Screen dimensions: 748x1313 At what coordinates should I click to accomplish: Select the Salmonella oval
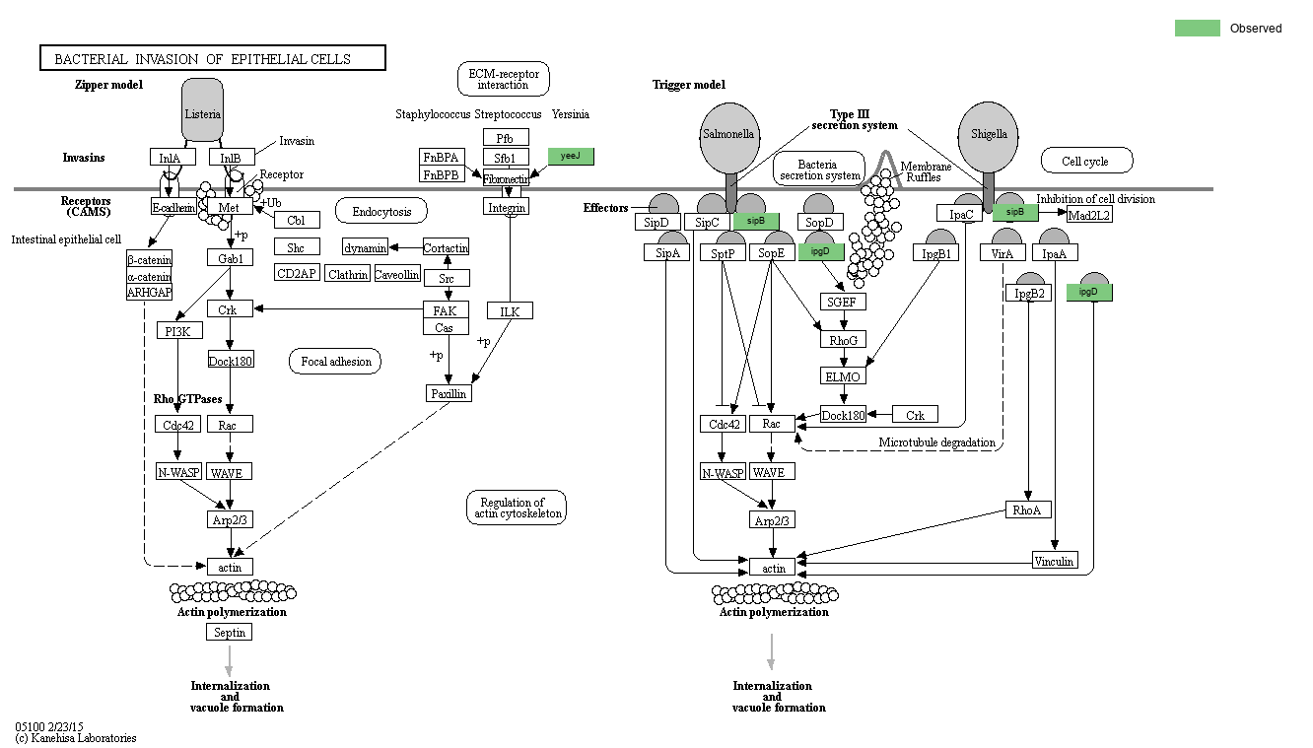pos(728,133)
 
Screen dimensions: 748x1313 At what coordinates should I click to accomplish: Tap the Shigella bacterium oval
pos(989,133)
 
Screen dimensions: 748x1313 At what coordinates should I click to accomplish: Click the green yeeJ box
pos(571,157)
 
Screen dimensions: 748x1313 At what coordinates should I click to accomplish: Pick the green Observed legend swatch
pos(1197,29)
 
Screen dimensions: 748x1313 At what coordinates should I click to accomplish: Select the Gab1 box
pos(231,257)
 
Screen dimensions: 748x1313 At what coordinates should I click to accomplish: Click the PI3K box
pos(177,330)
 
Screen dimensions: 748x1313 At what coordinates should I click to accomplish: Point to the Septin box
pos(230,632)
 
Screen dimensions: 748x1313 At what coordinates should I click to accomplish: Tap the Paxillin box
pos(449,393)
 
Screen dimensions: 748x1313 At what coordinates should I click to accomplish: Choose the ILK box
pos(510,311)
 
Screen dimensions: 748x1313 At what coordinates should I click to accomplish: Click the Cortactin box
pos(446,247)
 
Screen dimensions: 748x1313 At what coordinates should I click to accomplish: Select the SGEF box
pos(842,302)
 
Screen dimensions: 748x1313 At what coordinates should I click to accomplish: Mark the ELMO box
pos(843,376)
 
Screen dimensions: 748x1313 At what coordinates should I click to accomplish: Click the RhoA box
pos(1028,510)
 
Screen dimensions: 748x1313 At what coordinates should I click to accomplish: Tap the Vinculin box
pos(1055,561)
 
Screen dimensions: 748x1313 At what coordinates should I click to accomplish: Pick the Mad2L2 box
pos(1089,214)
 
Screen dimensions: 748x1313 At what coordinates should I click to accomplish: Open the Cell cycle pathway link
pos(1086,161)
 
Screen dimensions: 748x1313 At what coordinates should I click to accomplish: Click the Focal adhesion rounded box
pos(335,362)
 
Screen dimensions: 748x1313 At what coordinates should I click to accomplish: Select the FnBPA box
pos(441,157)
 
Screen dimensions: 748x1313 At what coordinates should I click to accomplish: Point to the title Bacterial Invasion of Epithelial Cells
pos(212,59)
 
